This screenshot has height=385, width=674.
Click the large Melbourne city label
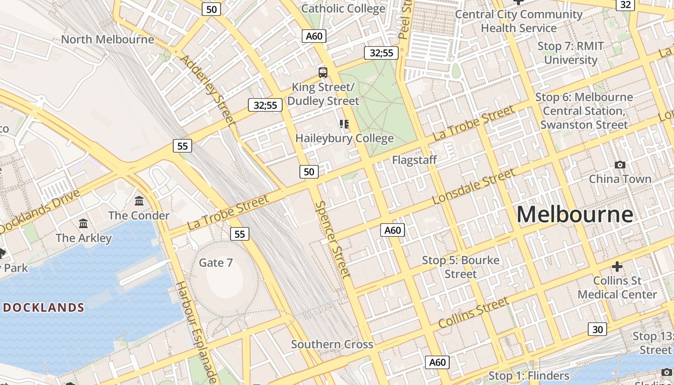pyautogui.click(x=575, y=214)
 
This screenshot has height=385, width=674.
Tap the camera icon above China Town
pyautogui.click(x=620, y=165)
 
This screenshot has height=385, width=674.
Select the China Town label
pyautogui.click(x=620, y=179)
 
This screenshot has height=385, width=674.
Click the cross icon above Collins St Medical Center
pyautogui.click(x=617, y=266)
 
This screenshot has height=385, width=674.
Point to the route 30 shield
pyautogui.click(x=597, y=330)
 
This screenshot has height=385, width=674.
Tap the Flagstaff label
pyautogui.click(x=414, y=160)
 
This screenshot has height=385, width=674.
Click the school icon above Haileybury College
pyautogui.click(x=344, y=124)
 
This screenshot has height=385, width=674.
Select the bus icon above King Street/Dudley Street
pyautogui.click(x=323, y=73)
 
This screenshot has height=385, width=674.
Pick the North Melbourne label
pyautogui.click(x=107, y=39)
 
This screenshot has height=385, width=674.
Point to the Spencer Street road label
pyautogui.click(x=332, y=239)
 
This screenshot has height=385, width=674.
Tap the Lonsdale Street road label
pyautogui.click(x=474, y=187)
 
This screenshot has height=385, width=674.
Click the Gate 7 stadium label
pyautogui.click(x=216, y=263)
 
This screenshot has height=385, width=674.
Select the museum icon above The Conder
pyautogui.click(x=139, y=201)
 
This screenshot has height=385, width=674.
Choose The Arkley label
pyautogui.click(x=83, y=238)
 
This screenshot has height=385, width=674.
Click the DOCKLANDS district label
pyautogui.click(x=44, y=308)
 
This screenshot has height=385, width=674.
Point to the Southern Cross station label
pyautogui.click(x=332, y=344)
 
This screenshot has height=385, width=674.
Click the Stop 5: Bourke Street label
pyautogui.click(x=460, y=267)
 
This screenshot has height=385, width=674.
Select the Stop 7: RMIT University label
pyautogui.click(x=570, y=53)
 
